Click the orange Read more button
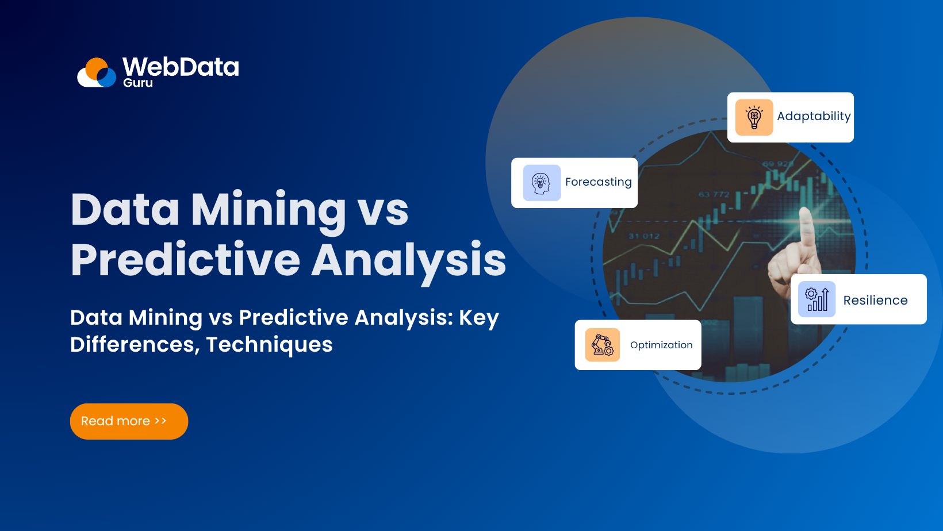click(129, 421)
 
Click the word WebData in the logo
click(181, 67)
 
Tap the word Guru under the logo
click(138, 83)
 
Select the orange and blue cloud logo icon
click(97, 73)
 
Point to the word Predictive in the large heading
click(185, 260)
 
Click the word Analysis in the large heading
click(409, 260)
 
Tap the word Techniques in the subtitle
click(269, 344)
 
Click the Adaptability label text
click(814, 117)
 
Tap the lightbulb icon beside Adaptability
click(754, 117)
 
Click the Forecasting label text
click(598, 182)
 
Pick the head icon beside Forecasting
click(542, 183)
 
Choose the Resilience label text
click(875, 301)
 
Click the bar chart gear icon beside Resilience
click(817, 299)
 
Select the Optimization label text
click(661, 345)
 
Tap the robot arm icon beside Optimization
click(603, 345)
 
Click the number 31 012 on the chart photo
click(644, 236)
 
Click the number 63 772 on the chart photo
click(714, 194)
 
